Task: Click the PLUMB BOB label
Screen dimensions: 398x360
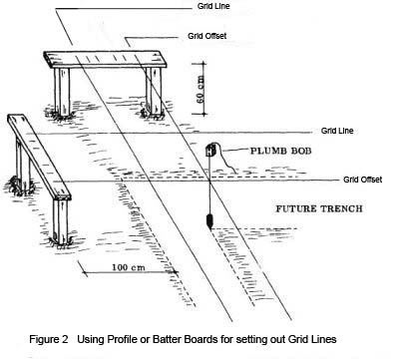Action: coord(280,151)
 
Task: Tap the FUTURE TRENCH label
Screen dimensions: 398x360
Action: coord(319,208)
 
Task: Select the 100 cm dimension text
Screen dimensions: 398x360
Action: coord(128,267)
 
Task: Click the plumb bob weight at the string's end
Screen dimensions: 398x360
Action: coord(210,221)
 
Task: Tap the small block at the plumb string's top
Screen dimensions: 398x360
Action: coord(210,151)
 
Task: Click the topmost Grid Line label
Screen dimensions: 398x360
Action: coord(213,6)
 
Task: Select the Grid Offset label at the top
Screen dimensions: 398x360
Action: coord(206,36)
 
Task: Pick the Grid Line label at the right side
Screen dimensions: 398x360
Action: coord(337,131)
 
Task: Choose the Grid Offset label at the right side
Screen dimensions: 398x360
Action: coord(362,180)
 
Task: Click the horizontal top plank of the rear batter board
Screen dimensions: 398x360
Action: coord(105,59)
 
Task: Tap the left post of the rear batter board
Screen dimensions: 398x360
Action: coord(62,92)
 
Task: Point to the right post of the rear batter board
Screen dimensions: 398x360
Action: coord(154,92)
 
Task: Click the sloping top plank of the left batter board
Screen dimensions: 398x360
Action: coord(39,157)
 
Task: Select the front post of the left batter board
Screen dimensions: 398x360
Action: coord(61,222)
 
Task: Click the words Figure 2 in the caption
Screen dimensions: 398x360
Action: coord(49,339)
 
